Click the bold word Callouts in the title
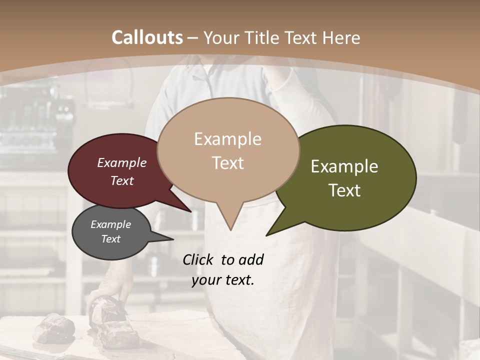tap(147, 37)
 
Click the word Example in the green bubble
tap(344, 166)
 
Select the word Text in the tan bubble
tap(228, 163)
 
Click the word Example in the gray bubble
tap(111, 224)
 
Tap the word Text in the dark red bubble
tap(122, 180)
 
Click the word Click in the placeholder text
tap(198, 259)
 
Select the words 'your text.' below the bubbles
tap(223, 280)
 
